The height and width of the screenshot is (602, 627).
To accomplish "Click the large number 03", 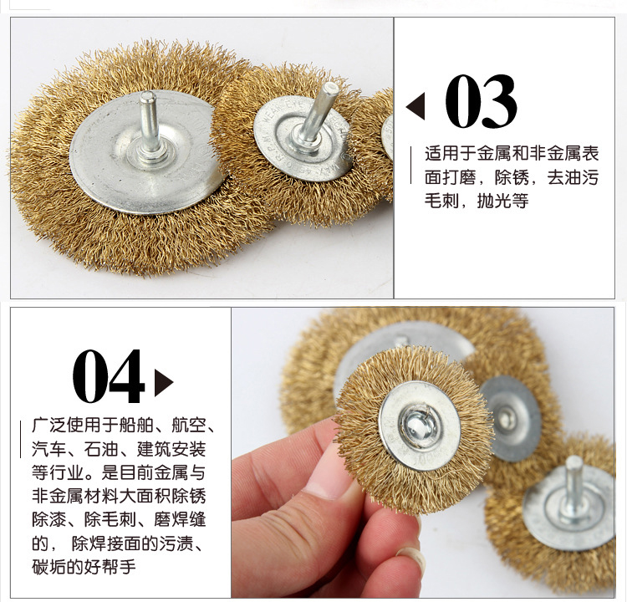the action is coord(481,101).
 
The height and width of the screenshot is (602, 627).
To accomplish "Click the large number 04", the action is coord(108,376).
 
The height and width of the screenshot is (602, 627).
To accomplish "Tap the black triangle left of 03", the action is coord(415,106).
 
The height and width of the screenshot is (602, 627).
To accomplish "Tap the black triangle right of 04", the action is coord(164,383).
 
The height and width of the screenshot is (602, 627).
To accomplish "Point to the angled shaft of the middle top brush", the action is coord(318,112).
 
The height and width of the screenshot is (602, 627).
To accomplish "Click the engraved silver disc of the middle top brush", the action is coord(303,138).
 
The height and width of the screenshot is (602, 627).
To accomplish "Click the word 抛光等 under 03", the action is coord(503,201).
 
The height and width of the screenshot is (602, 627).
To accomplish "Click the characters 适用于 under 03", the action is coord(451,154).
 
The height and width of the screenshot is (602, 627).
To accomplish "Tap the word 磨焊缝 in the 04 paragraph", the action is coord(180,519).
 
